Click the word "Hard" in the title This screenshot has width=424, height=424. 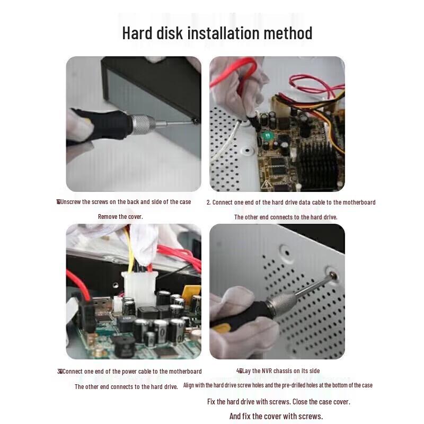(x=138, y=33)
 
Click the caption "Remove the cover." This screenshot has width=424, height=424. (x=120, y=216)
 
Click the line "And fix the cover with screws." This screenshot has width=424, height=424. (x=276, y=416)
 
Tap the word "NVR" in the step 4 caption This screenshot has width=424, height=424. (x=261, y=370)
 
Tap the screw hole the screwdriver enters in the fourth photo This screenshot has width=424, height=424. (x=333, y=276)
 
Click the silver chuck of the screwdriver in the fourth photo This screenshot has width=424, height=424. (x=281, y=303)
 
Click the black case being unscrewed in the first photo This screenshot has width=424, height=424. (x=154, y=85)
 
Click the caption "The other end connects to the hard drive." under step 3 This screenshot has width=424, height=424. (x=126, y=386)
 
